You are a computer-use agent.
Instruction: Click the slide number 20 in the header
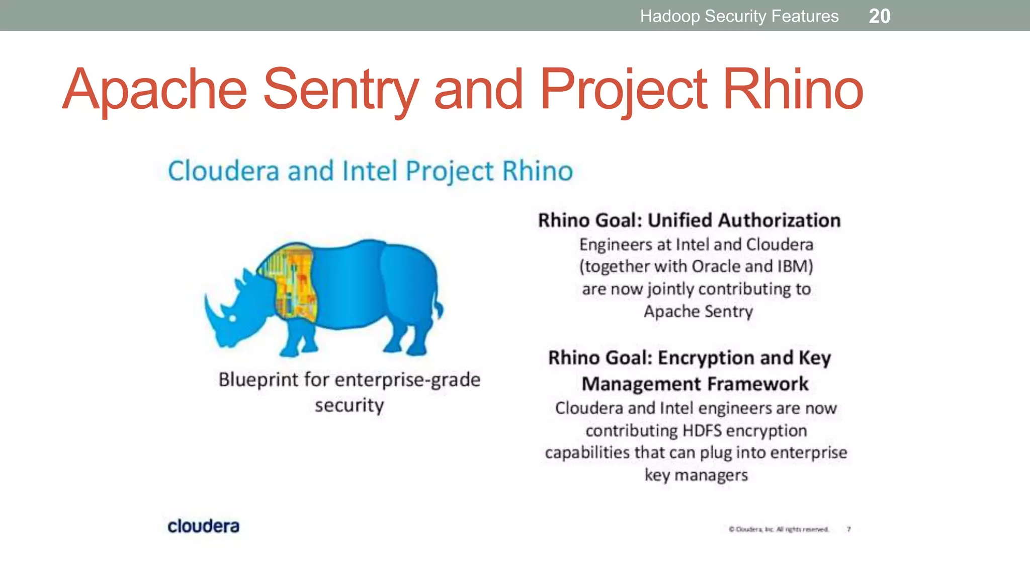pos(879,16)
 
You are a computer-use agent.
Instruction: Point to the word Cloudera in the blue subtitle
pos(223,171)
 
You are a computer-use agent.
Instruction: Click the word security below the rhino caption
pos(349,405)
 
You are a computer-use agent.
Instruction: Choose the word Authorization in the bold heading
pos(779,221)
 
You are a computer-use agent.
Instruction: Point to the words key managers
pos(696,475)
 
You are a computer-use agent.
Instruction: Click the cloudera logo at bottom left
pos(203,526)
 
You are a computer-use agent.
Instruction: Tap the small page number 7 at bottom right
pos(848,529)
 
